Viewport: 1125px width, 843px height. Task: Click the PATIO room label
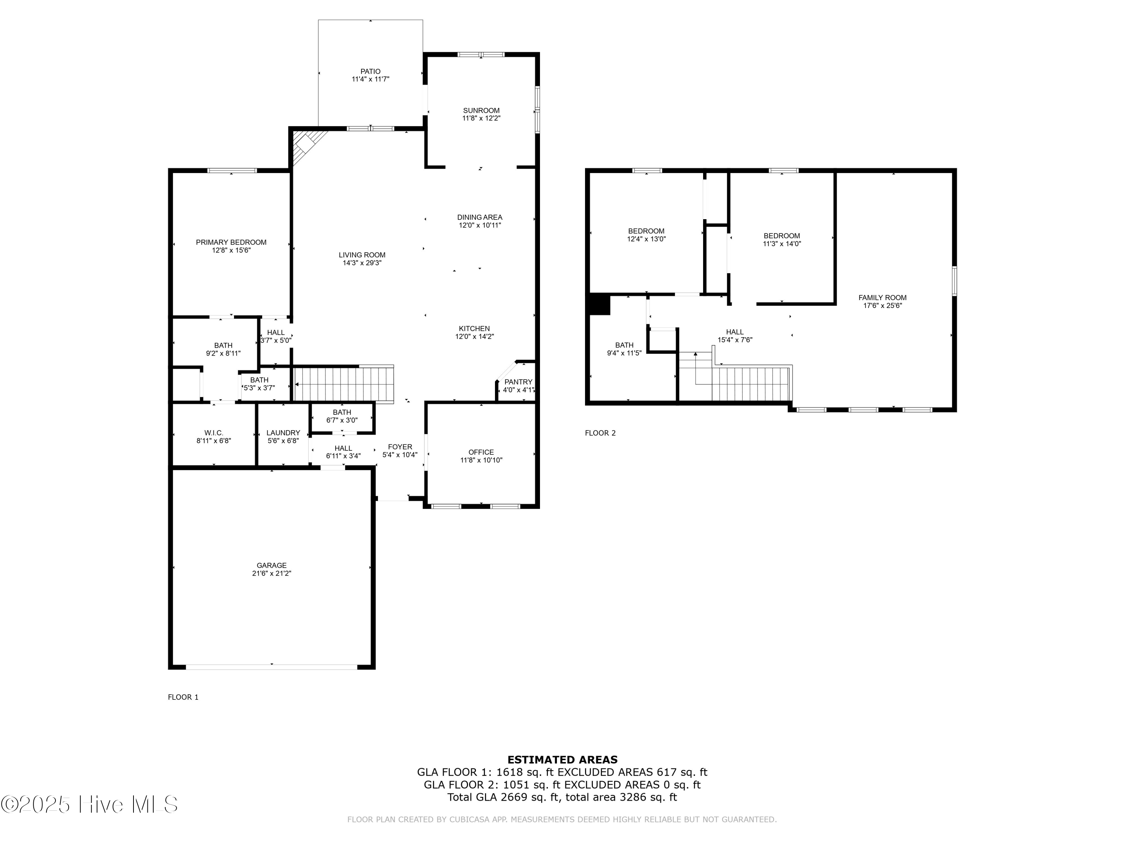click(370, 72)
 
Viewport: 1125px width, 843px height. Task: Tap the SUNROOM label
click(481, 110)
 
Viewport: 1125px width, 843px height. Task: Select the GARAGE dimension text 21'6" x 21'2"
click(271, 573)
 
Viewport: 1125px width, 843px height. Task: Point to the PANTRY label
click(518, 382)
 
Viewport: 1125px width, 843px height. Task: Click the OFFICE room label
click(481, 452)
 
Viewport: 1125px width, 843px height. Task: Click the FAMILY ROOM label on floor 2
click(882, 298)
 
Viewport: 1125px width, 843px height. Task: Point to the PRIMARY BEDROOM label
click(231, 242)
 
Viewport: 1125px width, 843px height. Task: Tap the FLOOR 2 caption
click(600, 433)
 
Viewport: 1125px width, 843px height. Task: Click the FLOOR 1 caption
click(183, 697)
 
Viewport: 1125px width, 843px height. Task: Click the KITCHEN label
click(474, 329)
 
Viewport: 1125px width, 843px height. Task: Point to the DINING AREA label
click(480, 217)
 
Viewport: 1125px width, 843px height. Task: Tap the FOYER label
click(400, 447)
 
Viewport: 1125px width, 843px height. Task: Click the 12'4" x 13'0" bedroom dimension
click(646, 239)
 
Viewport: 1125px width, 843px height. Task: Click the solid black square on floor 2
click(599, 304)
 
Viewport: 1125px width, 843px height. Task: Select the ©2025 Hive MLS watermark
click(90, 804)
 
